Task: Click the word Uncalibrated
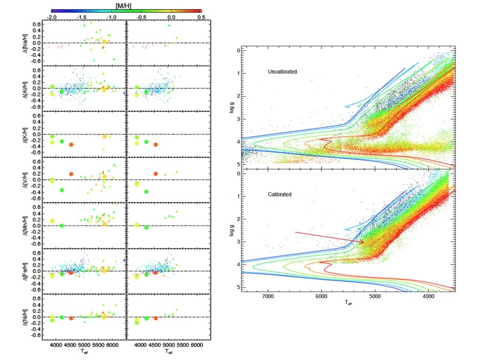click(284, 72)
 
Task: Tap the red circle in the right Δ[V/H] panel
click(156, 173)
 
